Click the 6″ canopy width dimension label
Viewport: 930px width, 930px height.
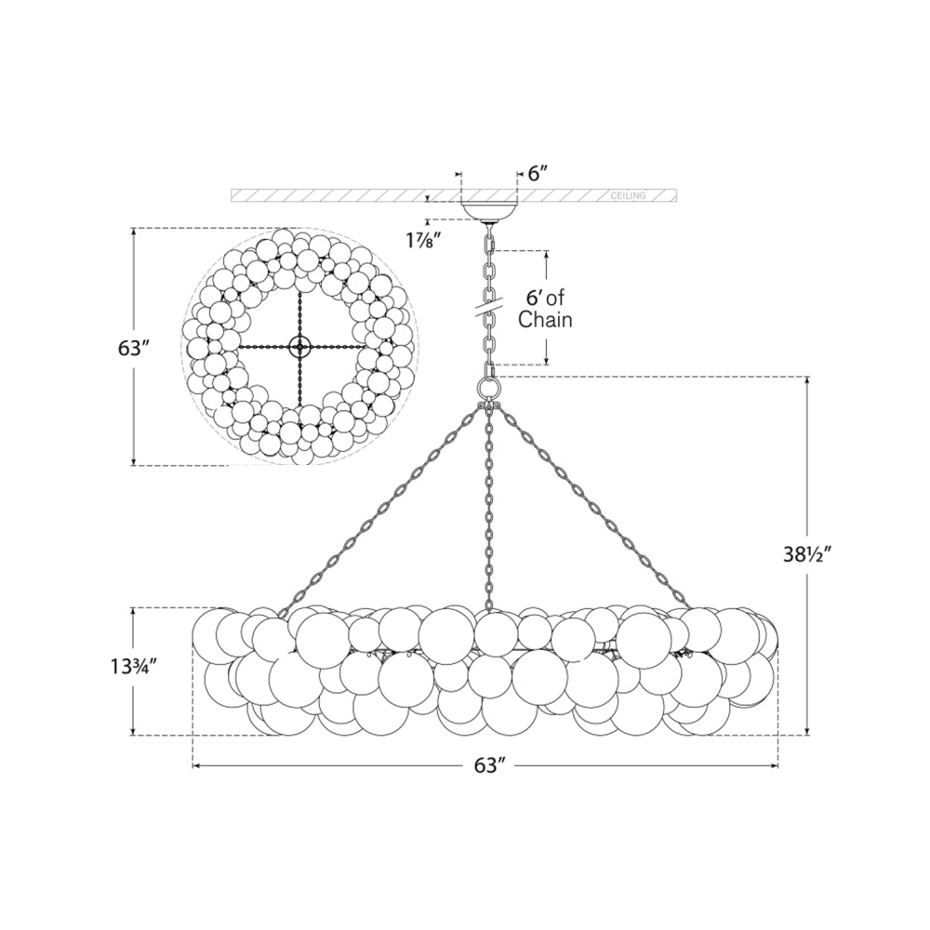click(538, 174)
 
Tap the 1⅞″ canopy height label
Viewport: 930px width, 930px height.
click(423, 239)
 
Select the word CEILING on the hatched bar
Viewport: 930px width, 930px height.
click(629, 196)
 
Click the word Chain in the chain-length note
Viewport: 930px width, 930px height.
click(545, 321)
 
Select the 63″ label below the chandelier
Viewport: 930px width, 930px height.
click(486, 766)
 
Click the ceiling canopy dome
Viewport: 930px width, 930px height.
click(489, 211)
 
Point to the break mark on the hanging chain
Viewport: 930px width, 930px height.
click(489, 302)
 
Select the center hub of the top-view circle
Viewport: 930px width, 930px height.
click(299, 347)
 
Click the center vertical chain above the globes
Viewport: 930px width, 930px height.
click(489, 511)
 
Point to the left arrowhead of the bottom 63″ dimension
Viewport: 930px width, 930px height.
click(196, 766)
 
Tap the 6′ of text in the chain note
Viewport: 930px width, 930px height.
click(547, 299)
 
